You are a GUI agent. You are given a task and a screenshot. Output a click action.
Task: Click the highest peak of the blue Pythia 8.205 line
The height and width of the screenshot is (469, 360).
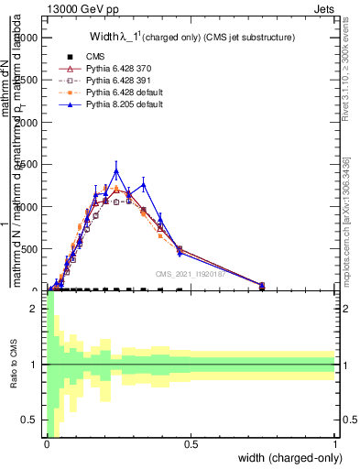(115, 170)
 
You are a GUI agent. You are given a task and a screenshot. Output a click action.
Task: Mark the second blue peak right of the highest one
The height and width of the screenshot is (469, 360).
(143, 185)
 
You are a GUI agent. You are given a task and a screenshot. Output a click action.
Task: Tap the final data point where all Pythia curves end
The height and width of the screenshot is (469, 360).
(262, 286)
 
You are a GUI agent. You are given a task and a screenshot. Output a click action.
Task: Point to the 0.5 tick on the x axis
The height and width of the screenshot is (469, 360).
(191, 444)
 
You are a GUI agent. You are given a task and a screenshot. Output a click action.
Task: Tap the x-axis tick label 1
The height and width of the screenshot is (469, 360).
(335, 444)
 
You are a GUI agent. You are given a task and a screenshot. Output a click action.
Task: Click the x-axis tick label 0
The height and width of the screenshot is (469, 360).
(47, 444)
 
